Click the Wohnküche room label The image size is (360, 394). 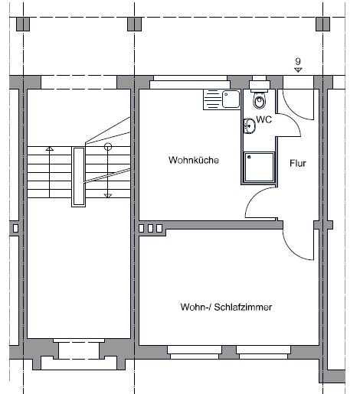tap(194, 160)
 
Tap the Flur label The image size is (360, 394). tap(298, 163)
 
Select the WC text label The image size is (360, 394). tap(264, 119)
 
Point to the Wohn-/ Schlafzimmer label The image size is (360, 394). tap(226, 307)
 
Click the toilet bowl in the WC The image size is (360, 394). tap(260, 100)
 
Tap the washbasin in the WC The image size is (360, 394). tap(249, 126)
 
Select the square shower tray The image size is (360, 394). tap(259, 167)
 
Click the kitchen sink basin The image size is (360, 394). tap(231, 99)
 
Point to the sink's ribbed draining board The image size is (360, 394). tap(212, 99)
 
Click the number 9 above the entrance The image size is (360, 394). tap(298, 61)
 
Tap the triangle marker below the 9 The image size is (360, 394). tap(298, 70)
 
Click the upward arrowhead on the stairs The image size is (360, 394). tap(50, 148)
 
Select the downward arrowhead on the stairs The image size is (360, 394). tap(108, 196)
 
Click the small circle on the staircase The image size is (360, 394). tap(108, 147)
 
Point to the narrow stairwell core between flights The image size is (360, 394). tap(78, 177)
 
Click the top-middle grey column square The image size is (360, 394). tap(134, 24)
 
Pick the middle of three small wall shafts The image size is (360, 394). tap(150, 228)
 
